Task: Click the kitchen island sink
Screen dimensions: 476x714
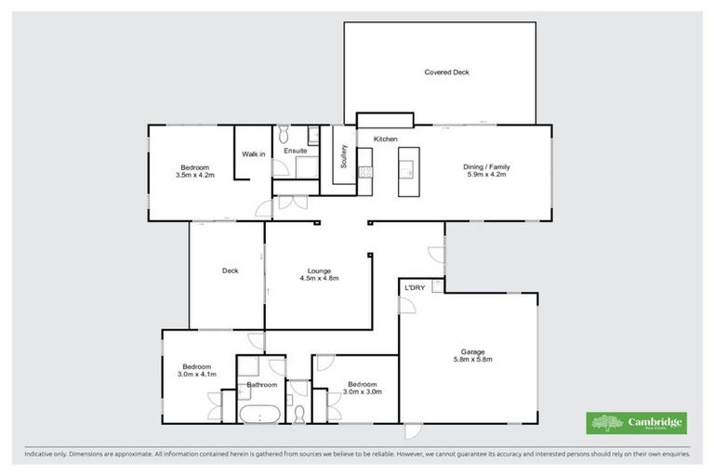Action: (408, 169)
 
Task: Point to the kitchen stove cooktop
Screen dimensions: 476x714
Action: (365, 172)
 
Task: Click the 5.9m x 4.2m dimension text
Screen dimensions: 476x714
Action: (486, 174)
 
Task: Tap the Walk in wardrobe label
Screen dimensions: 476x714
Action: (253, 153)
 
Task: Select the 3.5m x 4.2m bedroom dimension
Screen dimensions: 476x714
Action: (194, 174)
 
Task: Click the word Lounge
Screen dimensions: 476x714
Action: (319, 271)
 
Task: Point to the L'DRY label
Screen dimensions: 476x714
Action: (415, 288)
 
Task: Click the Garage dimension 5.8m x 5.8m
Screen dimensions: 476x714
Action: (472, 359)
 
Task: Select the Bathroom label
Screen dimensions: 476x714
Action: (261, 384)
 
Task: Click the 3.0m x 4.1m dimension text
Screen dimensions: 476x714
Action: (196, 374)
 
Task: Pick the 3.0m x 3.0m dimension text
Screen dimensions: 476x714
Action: (362, 391)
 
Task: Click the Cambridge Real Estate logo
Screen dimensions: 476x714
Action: (637, 422)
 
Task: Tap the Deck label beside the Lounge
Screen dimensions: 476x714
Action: (230, 271)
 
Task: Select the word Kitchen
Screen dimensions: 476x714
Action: (386, 139)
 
